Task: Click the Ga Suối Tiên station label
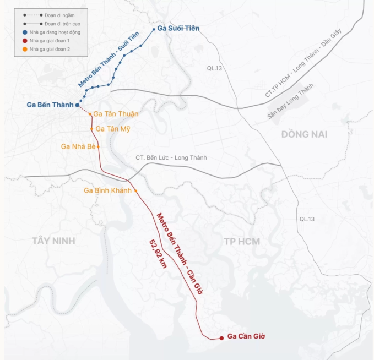[x=178, y=28]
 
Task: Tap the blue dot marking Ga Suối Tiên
[x=154, y=29]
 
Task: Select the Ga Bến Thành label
[x=50, y=105]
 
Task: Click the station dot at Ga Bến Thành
[x=78, y=105]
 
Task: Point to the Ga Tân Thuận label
[x=116, y=114]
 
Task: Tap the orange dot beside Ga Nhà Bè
[x=99, y=147]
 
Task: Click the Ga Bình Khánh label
[x=107, y=190]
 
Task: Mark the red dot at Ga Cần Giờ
[x=221, y=337]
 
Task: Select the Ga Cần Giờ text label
[x=246, y=337]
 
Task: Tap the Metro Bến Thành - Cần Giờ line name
[x=180, y=253]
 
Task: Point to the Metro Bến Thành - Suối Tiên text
[x=109, y=60]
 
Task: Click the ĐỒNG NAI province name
[x=304, y=134]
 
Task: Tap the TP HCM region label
[x=242, y=241]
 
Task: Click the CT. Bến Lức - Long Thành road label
[x=171, y=158]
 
